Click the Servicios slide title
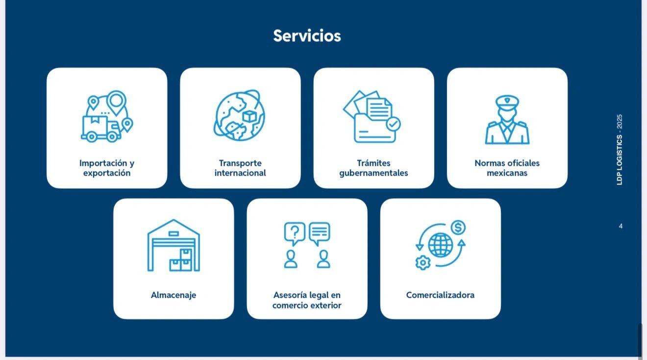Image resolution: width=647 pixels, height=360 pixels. point(307,36)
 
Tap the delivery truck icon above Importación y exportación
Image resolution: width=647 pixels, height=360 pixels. point(101,129)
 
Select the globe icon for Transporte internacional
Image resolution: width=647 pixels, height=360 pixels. point(240,115)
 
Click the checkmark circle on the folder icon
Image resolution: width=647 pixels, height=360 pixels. point(393,124)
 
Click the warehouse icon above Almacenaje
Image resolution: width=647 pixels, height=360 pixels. point(174,245)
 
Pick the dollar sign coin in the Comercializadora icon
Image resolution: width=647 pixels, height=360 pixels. point(458,227)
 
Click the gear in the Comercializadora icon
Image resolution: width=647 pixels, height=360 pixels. point(423,262)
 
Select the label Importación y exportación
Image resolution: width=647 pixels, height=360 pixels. point(107,168)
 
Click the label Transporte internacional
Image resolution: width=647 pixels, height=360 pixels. point(240,168)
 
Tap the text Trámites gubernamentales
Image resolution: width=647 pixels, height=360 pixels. point(373,168)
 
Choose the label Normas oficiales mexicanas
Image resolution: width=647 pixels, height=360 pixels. point(507,168)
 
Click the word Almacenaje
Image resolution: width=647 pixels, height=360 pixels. point(174,295)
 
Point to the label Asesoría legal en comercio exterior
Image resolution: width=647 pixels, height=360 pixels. point(307,300)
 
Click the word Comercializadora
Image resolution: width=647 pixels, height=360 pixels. point(440,295)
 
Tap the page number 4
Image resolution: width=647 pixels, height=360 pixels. point(621,226)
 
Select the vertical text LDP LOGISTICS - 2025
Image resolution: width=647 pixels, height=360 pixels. point(620,150)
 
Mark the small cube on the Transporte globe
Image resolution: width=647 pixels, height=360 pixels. point(249,116)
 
